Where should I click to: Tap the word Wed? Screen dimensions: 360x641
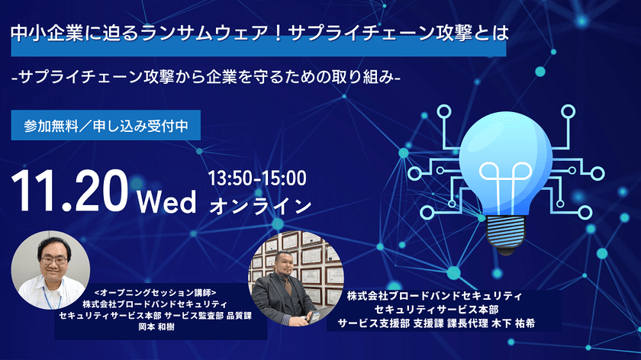pyautogui.click(x=168, y=202)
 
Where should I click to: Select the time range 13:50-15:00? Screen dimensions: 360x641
pyautogui.click(x=257, y=180)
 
